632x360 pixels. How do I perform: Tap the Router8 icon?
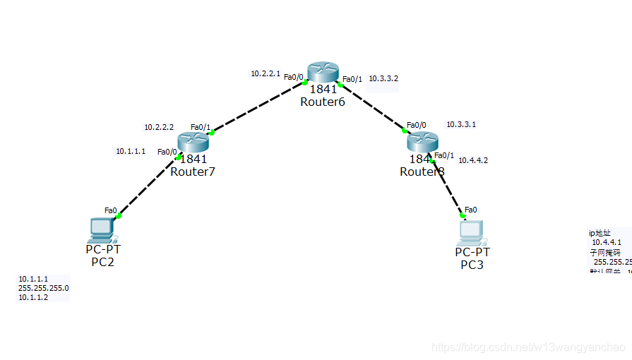tap(423, 142)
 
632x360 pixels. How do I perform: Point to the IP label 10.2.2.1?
tap(266, 73)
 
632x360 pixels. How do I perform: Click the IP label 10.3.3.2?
tap(383, 78)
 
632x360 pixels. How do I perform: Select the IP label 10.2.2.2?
tap(159, 127)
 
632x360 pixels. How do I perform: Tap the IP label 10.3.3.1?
tap(461, 124)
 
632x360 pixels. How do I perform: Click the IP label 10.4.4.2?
tap(473, 160)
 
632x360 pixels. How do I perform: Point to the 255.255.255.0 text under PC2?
tap(44, 288)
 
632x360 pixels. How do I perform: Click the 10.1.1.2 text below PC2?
tap(33, 298)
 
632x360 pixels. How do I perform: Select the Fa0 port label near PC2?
tap(110, 210)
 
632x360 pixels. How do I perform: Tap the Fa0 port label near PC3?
tap(470, 210)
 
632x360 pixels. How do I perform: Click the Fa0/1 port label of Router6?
tap(352, 79)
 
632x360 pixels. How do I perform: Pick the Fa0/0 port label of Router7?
tap(167, 152)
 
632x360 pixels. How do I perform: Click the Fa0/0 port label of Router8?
tap(417, 125)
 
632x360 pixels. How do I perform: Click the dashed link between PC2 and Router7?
tap(146, 186)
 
